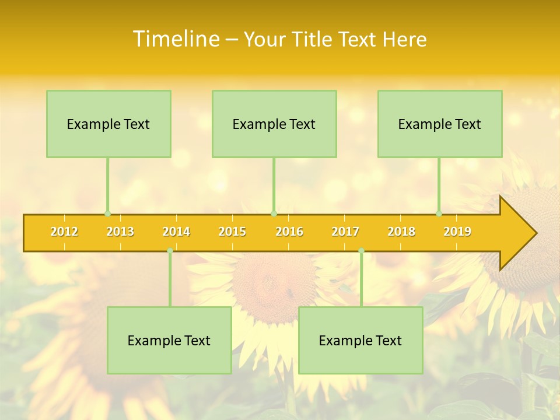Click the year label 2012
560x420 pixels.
(x=64, y=232)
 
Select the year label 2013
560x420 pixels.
(x=120, y=232)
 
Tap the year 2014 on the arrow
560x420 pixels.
(x=176, y=232)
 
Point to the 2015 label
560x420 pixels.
(x=232, y=232)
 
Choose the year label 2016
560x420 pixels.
(x=289, y=232)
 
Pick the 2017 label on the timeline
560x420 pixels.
(x=345, y=232)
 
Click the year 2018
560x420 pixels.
(x=401, y=232)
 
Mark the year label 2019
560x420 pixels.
(x=457, y=232)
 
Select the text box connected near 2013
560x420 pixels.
(x=108, y=124)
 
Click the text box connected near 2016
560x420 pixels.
(x=274, y=124)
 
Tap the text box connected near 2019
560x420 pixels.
(x=440, y=124)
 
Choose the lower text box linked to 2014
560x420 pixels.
(x=169, y=340)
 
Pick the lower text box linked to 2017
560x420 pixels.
(x=360, y=340)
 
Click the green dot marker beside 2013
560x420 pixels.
(x=107, y=213)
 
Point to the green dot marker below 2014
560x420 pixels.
(x=170, y=250)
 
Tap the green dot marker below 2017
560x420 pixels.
(x=361, y=250)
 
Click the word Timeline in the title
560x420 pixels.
(x=175, y=39)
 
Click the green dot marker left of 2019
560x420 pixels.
(x=439, y=213)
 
